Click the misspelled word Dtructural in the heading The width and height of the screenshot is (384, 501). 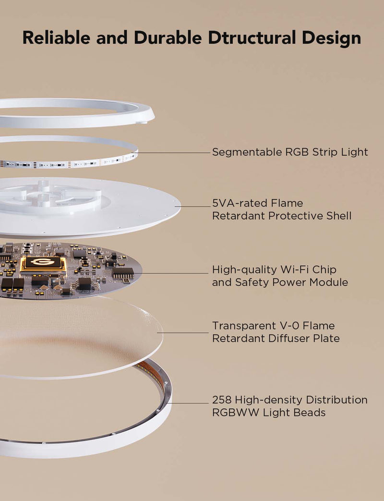point(255,37)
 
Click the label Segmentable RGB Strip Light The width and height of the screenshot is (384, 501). point(290,152)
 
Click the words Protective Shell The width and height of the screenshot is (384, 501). point(310,216)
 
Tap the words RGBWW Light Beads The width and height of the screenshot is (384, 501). point(269,413)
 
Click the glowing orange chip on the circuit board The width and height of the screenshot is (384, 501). point(43,263)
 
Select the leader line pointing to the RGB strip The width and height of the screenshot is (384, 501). point(173,153)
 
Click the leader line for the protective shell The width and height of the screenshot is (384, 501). point(194,207)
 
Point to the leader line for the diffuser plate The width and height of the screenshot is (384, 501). point(185,332)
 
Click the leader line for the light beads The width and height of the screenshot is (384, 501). point(190,403)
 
